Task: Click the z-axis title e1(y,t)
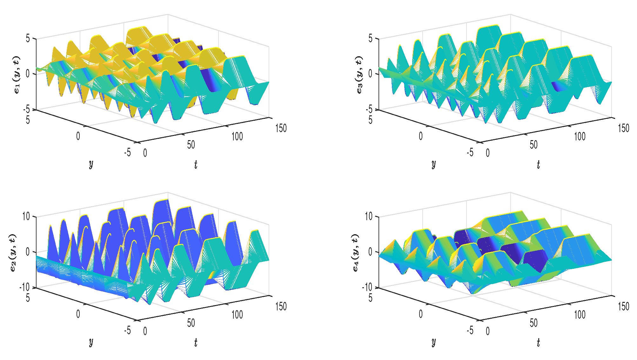coord(17,75)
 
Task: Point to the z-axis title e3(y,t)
coord(359,75)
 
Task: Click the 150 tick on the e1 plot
coord(281,128)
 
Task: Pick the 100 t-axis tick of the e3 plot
coord(580,137)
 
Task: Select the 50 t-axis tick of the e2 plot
coord(191,323)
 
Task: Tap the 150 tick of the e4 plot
coord(623,307)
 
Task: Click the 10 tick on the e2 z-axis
coord(26,217)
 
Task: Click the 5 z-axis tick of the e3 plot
coord(370,39)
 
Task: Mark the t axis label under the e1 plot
coord(196,165)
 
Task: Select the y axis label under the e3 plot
coord(433,164)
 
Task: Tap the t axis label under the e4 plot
coord(538,343)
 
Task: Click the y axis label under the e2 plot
coord(91,342)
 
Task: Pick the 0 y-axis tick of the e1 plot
coord(78,136)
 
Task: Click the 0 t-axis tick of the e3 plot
coord(488,153)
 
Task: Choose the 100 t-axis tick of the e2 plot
coord(237,315)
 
